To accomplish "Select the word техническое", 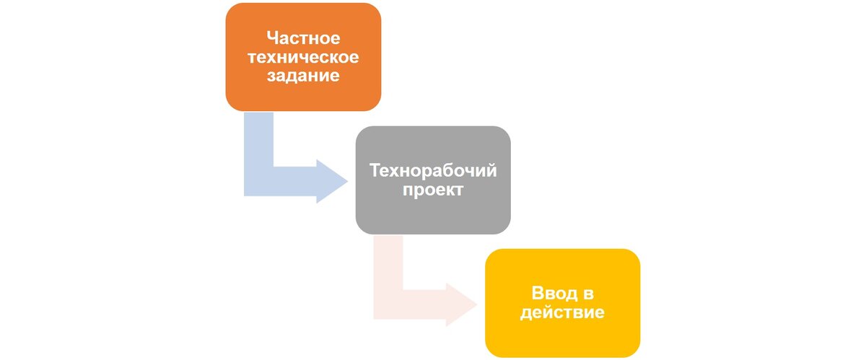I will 303,56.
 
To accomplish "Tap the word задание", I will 303,76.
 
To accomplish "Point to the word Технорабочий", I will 433,171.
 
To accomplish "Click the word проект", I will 433,190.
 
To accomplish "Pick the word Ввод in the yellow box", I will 552,294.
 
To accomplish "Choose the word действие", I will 563,313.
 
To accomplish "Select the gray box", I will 433,216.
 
